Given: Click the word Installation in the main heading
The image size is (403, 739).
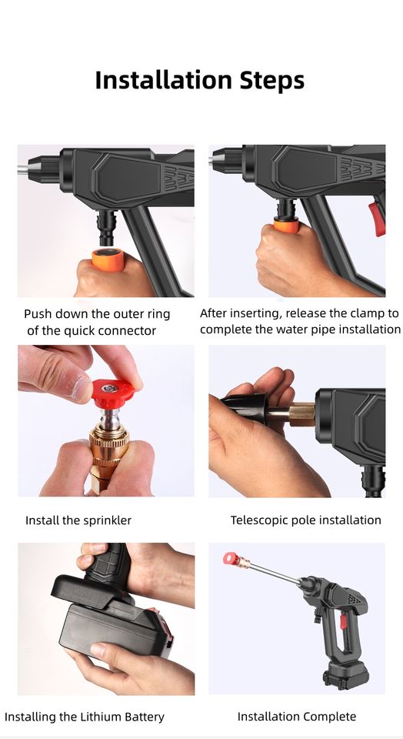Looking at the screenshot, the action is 164,79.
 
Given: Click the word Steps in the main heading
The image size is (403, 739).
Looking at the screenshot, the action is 272,81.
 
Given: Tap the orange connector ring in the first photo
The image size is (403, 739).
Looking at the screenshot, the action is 108,259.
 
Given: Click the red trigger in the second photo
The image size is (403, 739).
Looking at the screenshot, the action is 378,219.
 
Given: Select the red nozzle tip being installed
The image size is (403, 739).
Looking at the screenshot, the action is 113,393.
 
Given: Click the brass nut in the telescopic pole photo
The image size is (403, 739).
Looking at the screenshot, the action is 301,414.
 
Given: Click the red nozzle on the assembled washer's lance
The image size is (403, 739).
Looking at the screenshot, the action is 230,559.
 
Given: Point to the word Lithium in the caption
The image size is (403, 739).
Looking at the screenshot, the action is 98,717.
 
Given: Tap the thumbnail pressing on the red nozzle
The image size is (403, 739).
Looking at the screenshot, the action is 81,388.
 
